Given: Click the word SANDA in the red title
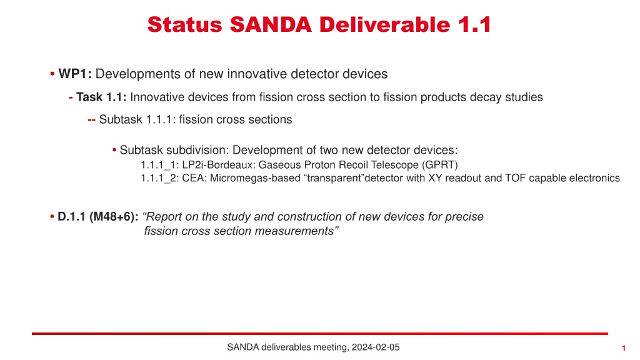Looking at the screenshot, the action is tap(271, 24).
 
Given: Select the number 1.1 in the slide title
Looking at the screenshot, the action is tap(474, 24).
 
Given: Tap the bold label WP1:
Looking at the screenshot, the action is tap(75, 74).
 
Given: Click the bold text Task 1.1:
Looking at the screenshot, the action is tap(101, 97).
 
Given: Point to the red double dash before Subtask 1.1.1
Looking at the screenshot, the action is tap(91, 120).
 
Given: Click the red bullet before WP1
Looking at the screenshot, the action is tap(52, 74).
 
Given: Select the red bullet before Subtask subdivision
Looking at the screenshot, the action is tap(114, 151).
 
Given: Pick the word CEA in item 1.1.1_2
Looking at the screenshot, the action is tap(193, 178).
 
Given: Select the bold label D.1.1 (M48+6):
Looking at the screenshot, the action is tap(98, 217).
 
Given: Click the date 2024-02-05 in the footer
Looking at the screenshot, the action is tap(376, 347).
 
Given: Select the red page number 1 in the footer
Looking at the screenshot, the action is tap(624, 348).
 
